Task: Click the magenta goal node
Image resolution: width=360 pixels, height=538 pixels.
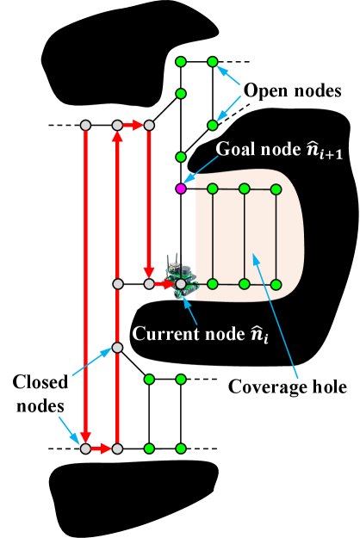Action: tap(181, 189)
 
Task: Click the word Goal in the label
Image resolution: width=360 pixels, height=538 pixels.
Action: tap(233, 148)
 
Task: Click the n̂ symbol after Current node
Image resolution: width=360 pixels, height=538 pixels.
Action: tap(258, 334)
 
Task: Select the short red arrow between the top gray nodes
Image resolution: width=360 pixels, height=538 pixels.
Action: tap(133, 126)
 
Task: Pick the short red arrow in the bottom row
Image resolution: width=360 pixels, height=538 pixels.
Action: tap(101, 448)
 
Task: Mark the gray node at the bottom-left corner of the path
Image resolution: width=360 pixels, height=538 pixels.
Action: tap(85, 448)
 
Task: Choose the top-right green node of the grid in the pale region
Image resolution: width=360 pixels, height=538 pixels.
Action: tap(276, 189)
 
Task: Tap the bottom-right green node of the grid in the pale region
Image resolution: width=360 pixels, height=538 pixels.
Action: tap(276, 284)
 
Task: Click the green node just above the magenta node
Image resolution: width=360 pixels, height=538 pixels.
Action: tap(181, 157)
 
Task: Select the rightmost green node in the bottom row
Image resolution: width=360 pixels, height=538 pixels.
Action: tap(181, 448)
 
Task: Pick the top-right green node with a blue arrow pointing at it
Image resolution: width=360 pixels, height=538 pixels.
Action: tap(213, 62)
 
